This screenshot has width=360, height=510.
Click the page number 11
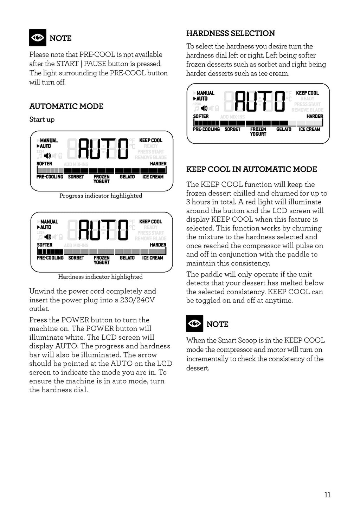click(x=327, y=495)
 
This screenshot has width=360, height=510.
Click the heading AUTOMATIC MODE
click(x=66, y=106)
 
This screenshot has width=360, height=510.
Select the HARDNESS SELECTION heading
click(x=231, y=33)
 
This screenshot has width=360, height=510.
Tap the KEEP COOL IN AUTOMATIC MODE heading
click(x=251, y=169)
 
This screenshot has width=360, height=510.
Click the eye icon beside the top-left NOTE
click(x=38, y=38)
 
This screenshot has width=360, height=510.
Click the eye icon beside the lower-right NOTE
click(x=194, y=323)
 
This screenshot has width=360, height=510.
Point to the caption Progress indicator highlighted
click(x=101, y=196)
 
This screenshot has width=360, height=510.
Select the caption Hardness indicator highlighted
click(x=101, y=277)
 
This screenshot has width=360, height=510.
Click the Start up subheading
click(x=42, y=119)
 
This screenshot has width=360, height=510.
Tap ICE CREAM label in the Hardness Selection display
click(x=309, y=129)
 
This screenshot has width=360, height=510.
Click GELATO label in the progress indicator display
click(x=127, y=177)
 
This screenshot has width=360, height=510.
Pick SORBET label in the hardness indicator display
click(x=76, y=258)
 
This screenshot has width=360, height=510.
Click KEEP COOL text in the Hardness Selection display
click(x=307, y=93)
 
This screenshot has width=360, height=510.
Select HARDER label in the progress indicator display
click(x=158, y=164)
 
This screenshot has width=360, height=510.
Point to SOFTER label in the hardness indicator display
click(x=45, y=245)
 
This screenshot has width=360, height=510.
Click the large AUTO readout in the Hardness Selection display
click(x=259, y=101)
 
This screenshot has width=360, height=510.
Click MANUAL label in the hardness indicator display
click(x=49, y=222)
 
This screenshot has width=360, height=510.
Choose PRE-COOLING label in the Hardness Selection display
click(x=206, y=129)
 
